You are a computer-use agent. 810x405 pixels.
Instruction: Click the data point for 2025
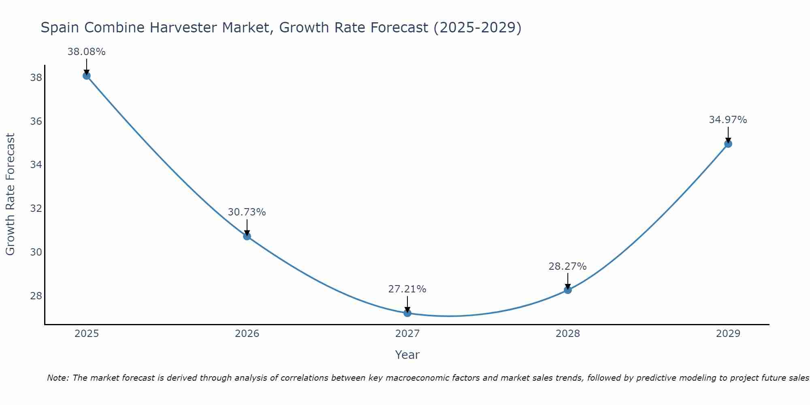86,76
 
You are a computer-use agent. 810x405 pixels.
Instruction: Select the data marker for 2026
247,236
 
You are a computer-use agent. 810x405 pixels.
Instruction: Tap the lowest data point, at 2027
407,313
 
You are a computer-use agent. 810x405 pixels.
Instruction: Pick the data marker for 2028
568,290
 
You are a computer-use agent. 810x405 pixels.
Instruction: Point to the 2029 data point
728,144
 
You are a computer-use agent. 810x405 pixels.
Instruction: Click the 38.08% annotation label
86,52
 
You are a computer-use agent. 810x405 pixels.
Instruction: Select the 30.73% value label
247,212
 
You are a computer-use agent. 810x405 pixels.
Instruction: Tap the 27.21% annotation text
407,289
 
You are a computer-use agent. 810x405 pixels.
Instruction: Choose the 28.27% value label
567,266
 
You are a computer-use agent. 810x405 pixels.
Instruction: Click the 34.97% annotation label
728,120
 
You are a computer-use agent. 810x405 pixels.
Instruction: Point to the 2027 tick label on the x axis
407,334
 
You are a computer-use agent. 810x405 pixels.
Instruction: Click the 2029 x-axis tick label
728,334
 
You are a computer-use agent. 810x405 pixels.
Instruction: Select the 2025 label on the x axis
87,334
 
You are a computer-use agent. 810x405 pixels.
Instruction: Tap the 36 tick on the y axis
36,122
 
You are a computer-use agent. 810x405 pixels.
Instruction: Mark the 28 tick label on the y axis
36,296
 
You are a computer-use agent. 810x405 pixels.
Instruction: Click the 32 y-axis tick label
36,209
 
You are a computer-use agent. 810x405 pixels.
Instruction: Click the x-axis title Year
407,355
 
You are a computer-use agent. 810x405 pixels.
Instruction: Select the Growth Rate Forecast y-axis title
11,194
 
